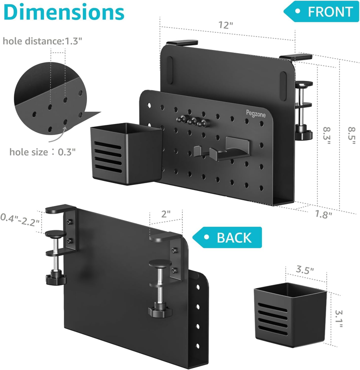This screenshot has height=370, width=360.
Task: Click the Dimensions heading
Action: point(64,12)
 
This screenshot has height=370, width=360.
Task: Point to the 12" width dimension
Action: point(225,25)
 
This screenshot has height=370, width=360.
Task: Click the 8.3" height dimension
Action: point(327,136)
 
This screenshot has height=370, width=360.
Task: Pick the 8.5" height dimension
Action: point(352,136)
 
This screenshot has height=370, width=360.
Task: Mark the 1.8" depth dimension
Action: point(323,214)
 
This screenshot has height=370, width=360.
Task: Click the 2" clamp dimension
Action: point(166,214)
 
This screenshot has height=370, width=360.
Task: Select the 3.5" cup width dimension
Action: point(305,270)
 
